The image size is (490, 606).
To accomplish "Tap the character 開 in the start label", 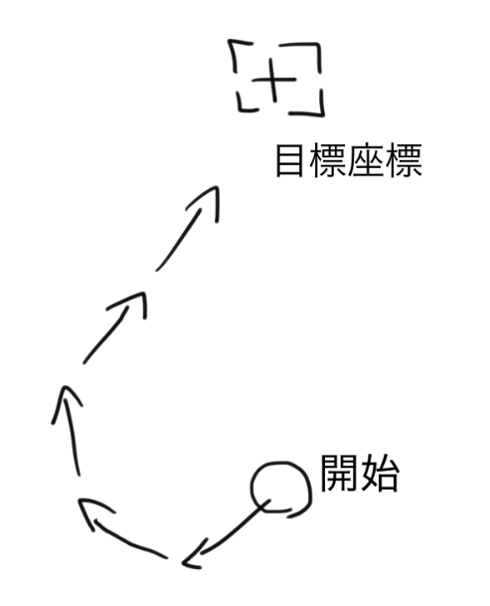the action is [x=338, y=473].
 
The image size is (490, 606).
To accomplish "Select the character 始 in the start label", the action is [x=379, y=473].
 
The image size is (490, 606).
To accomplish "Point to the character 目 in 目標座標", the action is [x=289, y=160].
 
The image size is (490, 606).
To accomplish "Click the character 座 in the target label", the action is [x=366, y=160].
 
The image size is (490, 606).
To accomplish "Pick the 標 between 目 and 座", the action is [x=327, y=160].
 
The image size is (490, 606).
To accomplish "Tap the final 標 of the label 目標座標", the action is [x=404, y=160].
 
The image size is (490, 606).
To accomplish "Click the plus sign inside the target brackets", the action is [x=273, y=81].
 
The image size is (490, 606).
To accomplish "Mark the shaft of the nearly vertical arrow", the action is [x=73, y=434].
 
